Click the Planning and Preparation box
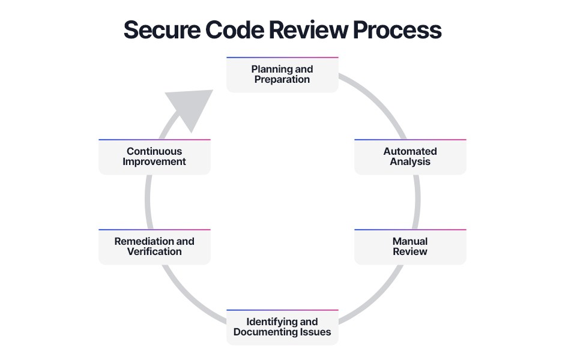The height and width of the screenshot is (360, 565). click(x=282, y=74)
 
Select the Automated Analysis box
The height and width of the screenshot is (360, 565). click(x=410, y=157)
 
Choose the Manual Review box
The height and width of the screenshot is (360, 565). click(x=410, y=247)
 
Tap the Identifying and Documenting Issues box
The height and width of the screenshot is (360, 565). click(x=282, y=327)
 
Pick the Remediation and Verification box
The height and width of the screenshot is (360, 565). click(x=154, y=247)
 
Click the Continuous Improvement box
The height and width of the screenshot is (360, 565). click(x=154, y=157)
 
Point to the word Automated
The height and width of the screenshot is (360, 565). click(x=410, y=151)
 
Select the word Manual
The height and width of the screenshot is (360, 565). click(x=410, y=241)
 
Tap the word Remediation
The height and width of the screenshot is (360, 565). click(x=143, y=241)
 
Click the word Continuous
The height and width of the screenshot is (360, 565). click(x=154, y=151)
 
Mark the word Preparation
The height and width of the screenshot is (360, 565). click(x=282, y=79)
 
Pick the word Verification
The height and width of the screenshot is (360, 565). click(x=154, y=251)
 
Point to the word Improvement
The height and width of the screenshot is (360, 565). click(x=154, y=161)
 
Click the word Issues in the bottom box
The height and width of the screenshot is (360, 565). click(x=317, y=332)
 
